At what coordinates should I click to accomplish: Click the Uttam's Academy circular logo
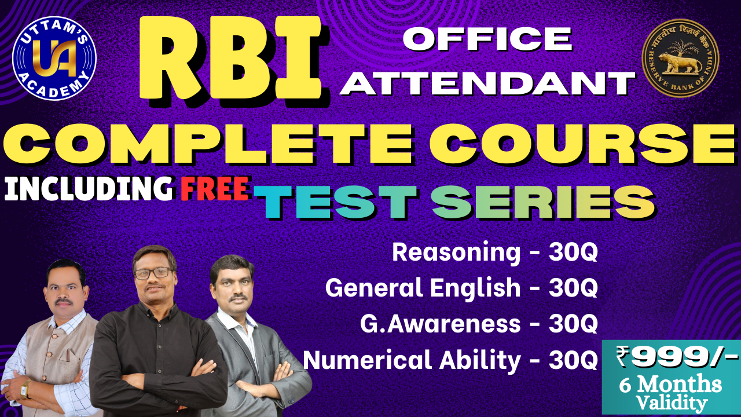coord(54,57)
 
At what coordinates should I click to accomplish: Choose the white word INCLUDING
coord(88,189)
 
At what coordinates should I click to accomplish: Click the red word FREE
coord(215,189)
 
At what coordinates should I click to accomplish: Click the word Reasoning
coord(456,253)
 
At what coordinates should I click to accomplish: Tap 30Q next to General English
coord(573,288)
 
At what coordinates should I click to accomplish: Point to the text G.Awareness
coord(440,324)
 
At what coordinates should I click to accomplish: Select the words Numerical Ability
coord(412,360)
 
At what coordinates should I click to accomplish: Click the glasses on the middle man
coord(152,272)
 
